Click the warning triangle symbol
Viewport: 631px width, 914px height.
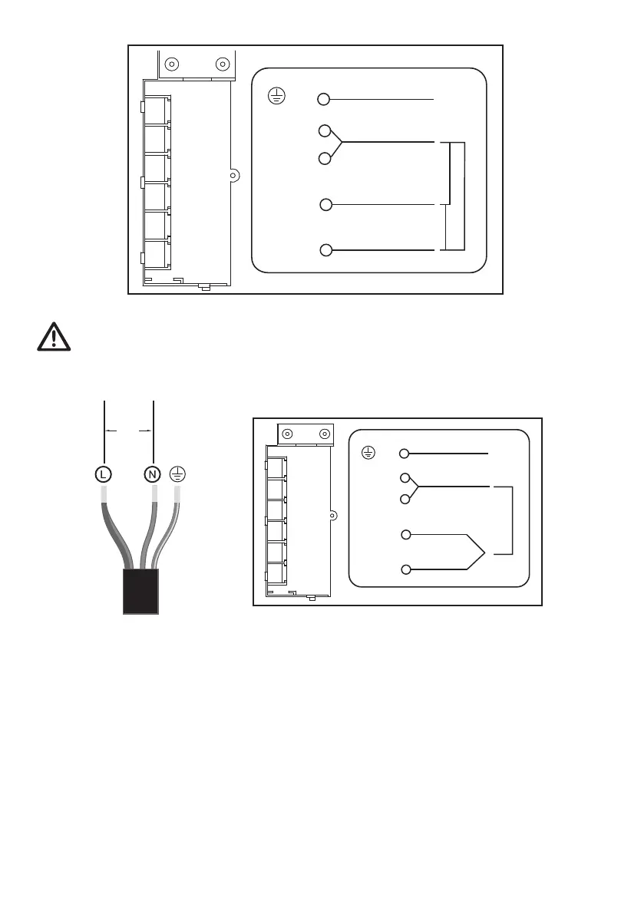(x=55, y=337)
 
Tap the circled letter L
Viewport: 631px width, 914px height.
(x=103, y=473)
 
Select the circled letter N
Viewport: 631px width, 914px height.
(x=153, y=473)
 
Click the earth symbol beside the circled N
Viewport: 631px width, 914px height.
(x=177, y=473)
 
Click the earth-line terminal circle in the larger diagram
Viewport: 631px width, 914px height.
(x=324, y=99)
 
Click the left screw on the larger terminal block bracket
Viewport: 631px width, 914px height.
(x=173, y=64)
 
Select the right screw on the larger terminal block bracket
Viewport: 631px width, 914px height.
(x=223, y=64)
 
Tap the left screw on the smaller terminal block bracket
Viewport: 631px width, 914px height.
(x=288, y=434)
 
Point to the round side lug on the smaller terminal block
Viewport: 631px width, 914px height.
(x=332, y=515)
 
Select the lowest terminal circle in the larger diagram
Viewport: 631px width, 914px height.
(x=325, y=250)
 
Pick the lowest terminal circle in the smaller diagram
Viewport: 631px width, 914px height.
(x=406, y=569)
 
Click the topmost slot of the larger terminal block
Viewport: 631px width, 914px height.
(x=157, y=110)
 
